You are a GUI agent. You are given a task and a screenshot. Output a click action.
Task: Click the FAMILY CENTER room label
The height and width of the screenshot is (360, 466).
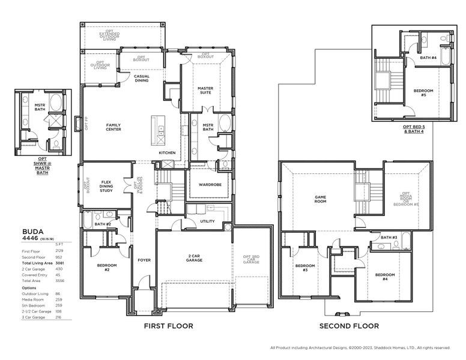pyautogui.click(x=113, y=127)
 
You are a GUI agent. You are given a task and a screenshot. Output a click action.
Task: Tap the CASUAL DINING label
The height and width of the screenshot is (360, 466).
pyautogui.click(x=142, y=79)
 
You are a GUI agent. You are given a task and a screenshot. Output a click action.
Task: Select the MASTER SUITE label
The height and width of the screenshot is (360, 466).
pyautogui.click(x=205, y=90)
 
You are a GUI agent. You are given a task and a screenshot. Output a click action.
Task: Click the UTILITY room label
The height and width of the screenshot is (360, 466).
pyautogui.click(x=207, y=221)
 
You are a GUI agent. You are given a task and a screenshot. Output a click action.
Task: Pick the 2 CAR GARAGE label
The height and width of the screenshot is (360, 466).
pyautogui.click(x=193, y=258)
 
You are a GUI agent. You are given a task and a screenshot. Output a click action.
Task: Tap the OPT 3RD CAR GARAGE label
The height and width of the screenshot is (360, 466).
pyautogui.click(x=251, y=260)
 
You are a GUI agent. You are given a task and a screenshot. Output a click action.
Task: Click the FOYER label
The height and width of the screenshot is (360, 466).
pyautogui.click(x=144, y=260)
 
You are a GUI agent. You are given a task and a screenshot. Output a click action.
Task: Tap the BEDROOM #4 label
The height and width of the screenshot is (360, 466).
pyautogui.click(x=385, y=277)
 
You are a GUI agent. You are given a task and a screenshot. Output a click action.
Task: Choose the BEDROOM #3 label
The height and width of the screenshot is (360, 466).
pyautogui.click(x=304, y=267)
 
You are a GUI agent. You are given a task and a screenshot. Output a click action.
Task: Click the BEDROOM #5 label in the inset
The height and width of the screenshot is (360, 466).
pyautogui.click(x=423, y=93)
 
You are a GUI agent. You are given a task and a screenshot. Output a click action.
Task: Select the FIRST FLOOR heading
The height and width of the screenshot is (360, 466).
pyautogui.click(x=168, y=326)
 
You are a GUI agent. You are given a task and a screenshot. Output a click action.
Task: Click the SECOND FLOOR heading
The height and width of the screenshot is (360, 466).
pyautogui.click(x=349, y=326)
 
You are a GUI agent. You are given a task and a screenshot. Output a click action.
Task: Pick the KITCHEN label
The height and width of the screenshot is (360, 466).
pyautogui.click(x=167, y=152)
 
